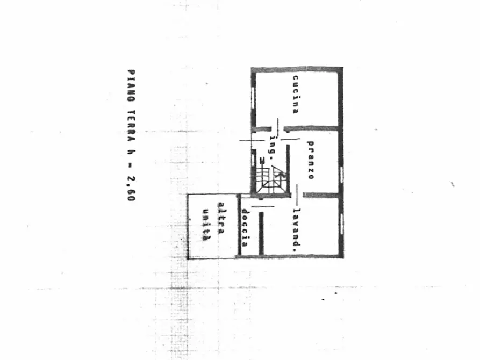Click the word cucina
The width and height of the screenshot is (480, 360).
click(x=296, y=95)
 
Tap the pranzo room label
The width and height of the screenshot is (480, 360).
click(x=310, y=160)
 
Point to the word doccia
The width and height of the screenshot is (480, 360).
click(x=245, y=228)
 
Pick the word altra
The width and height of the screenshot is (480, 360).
click(x=221, y=218)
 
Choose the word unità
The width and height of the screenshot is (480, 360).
click(x=206, y=225)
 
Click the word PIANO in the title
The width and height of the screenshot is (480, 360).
click(x=131, y=86)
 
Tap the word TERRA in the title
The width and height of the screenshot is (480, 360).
click(x=131, y=126)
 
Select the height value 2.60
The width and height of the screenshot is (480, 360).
click(x=131, y=189)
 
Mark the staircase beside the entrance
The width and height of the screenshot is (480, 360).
click(x=271, y=179)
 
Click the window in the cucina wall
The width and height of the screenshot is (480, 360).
click(x=254, y=98)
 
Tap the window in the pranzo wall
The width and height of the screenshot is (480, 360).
click(x=341, y=175)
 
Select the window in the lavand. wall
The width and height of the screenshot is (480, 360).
click(x=341, y=224)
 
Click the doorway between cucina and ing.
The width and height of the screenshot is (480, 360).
click(x=278, y=128)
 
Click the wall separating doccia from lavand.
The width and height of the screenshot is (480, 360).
click(x=261, y=234)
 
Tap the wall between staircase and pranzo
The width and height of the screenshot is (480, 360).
click(x=288, y=169)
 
